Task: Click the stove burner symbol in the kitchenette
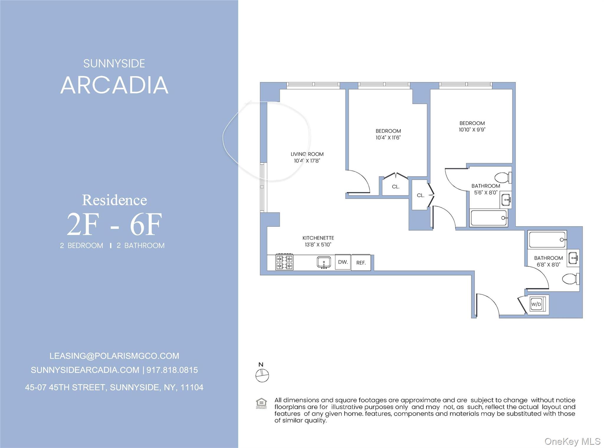pyautogui.click(x=284, y=262)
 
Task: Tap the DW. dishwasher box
pyautogui.click(x=343, y=262)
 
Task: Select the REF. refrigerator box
pyautogui.click(x=361, y=263)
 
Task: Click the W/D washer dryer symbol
pyautogui.click(x=536, y=304)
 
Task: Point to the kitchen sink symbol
pyautogui.click(x=324, y=262)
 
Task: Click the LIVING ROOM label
pyautogui.click(x=307, y=154)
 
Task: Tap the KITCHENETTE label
pyautogui.click(x=318, y=238)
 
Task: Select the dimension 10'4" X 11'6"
pyautogui.click(x=388, y=138)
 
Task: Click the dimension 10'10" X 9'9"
pyautogui.click(x=472, y=130)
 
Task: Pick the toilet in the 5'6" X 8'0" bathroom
pyautogui.click(x=503, y=178)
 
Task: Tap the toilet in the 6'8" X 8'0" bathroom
pyautogui.click(x=570, y=279)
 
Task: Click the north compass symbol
pyautogui.click(x=262, y=375)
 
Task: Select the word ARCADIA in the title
pyautogui.click(x=114, y=85)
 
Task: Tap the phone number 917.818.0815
pyautogui.click(x=172, y=370)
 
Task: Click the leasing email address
pyautogui.click(x=114, y=356)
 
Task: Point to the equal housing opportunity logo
pyautogui.click(x=261, y=403)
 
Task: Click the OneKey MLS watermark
pyautogui.click(x=572, y=441)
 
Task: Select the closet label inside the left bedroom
pyautogui.click(x=395, y=187)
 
